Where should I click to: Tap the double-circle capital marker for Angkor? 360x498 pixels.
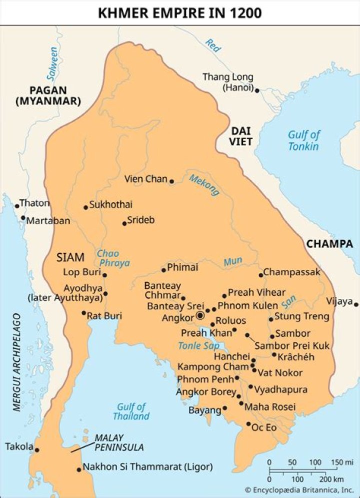200,315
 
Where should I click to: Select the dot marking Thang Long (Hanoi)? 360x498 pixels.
257,91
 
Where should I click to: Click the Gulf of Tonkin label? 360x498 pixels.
303,140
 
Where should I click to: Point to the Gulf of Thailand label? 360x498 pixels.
131,411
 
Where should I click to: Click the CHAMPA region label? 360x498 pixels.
329,244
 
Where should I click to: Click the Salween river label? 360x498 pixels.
51,63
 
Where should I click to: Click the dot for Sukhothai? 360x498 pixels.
85,207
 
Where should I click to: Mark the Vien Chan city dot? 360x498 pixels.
171,181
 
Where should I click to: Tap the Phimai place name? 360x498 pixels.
182,268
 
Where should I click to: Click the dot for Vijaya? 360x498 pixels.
355,304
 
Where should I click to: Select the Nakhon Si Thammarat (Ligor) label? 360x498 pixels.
147,467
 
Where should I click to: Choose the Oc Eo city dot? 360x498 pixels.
248,424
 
